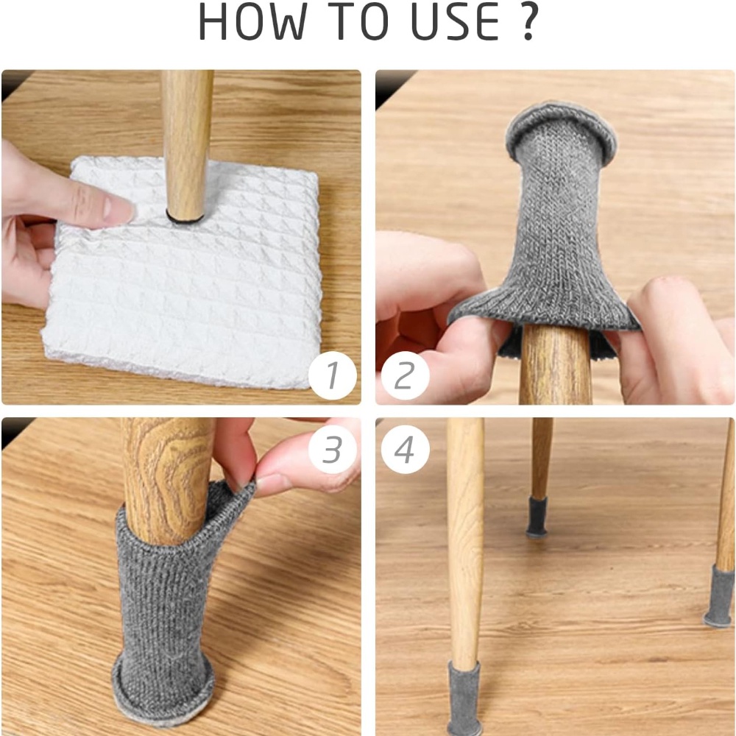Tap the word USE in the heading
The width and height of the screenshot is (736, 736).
[x=455, y=22]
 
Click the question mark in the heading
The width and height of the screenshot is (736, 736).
[x=528, y=22]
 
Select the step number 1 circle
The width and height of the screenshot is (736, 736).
[x=333, y=375]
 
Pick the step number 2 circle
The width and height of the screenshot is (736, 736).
[x=405, y=375]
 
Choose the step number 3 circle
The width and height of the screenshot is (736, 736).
[x=333, y=449]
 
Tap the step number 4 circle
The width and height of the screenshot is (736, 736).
[x=405, y=449]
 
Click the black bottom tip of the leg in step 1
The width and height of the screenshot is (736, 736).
[x=185, y=218]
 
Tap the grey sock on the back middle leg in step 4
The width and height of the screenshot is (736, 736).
[x=537, y=517]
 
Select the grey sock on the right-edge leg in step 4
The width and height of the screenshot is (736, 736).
[x=720, y=596]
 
